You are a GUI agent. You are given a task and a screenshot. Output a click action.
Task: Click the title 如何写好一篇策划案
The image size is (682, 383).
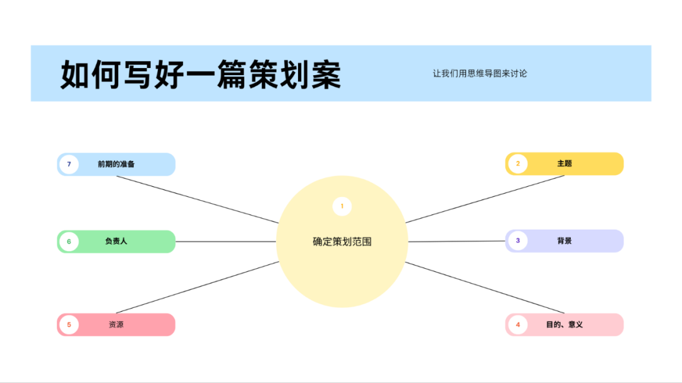pyautogui.click(x=201, y=75)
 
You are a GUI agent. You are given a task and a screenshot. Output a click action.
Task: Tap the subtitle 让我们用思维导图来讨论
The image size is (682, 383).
pyautogui.click(x=480, y=73)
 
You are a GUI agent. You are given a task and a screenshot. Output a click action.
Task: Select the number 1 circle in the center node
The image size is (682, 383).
pyautogui.click(x=342, y=206)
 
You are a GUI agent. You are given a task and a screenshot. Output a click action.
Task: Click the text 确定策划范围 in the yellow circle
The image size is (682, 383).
pyautogui.click(x=342, y=241)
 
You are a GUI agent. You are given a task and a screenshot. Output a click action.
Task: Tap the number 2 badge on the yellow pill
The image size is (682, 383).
pyautogui.click(x=518, y=163)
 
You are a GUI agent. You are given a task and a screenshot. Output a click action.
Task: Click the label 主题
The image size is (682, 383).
pyautogui.click(x=564, y=163)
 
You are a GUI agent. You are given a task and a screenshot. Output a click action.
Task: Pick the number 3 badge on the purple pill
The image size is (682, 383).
pyautogui.click(x=518, y=240)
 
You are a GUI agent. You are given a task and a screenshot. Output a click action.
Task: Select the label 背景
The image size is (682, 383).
pyautogui.click(x=564, y=240)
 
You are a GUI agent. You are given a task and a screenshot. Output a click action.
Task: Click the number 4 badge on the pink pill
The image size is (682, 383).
pyautogui.click(x=518, y=324)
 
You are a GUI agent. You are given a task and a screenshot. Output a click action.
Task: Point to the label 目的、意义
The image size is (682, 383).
pyautogui.click(x=564, y=324)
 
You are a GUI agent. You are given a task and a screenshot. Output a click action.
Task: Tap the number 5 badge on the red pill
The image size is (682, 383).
pyautogui.click(x=69, y=325)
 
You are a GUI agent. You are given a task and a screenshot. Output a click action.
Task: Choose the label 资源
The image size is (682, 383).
pyautogui.click(x=116, y=325)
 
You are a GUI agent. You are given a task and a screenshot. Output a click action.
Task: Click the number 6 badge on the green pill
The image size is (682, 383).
pyautogui.click(x=69, y=241)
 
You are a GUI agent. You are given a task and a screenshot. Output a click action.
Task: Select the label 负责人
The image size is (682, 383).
pyautogui.click(x=116, y=241)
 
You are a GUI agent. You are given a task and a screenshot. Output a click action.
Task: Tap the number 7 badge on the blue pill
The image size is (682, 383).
pyautogui.click(x=69, y=164)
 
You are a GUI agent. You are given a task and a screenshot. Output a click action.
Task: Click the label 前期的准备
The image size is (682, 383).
pyautogui.click(x=116, y=164)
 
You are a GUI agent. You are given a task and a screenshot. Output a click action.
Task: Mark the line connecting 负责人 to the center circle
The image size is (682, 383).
pyautogui.click(x=225, y=241)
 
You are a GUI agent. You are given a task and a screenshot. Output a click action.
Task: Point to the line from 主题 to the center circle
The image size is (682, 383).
pyautogui.click(x=484, y=199)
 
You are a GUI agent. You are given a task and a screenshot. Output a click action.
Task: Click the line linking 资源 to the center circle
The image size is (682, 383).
pyautogui.click(x=197, y=287)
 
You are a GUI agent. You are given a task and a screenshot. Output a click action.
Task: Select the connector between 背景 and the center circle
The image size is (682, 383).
pyautogui.click(x=456, y=241)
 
